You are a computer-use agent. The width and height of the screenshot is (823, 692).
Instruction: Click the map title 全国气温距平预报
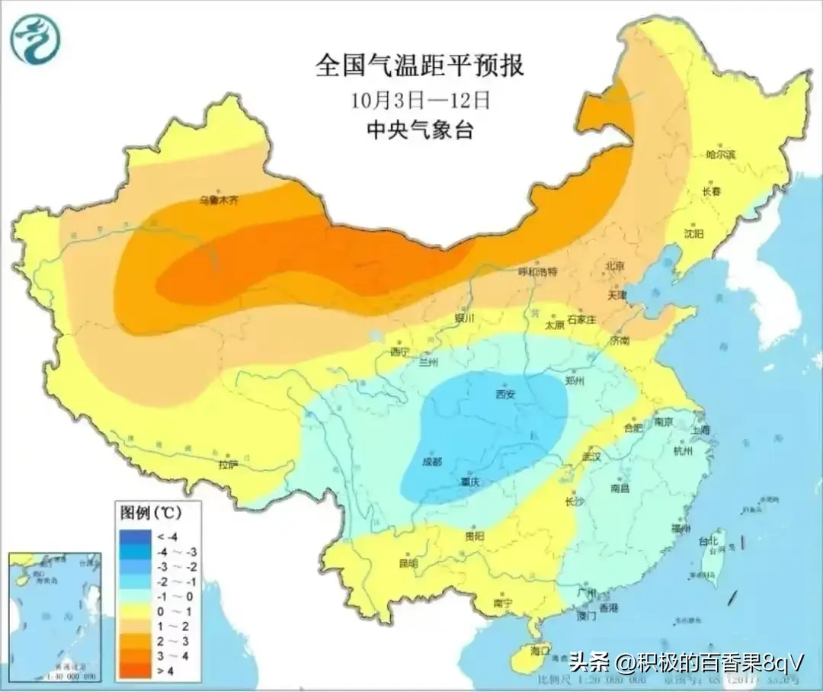coord(420,66)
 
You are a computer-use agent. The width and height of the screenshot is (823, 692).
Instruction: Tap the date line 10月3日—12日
coord(420,100)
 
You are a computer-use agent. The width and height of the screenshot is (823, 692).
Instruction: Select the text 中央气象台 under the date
coord(420,130)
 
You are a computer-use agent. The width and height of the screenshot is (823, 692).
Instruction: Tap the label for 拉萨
coord(228,463)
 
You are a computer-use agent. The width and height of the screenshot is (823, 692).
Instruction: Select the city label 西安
coord(505,394)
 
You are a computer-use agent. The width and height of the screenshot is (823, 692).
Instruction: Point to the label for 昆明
coord(408,563)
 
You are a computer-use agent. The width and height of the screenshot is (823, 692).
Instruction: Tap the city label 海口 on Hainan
coord(540,652)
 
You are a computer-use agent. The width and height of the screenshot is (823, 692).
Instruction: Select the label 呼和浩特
coord(538,271)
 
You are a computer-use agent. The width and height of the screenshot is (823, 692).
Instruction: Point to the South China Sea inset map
coord(54,617)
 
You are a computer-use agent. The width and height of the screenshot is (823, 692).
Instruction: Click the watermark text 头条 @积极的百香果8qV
coord(686,661)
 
